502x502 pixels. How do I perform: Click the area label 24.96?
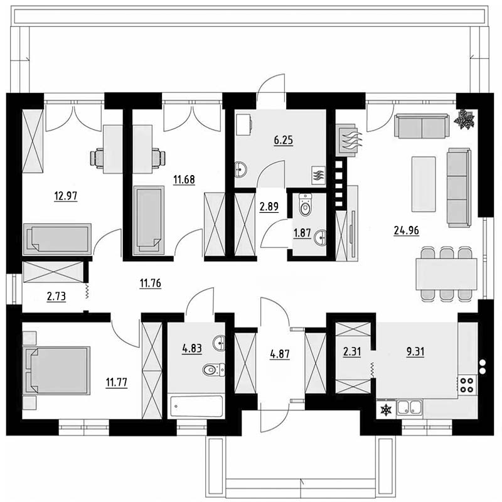pos(406,230)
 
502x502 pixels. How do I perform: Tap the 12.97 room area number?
pos(66,195)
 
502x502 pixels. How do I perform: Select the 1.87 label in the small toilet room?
pos(302,233)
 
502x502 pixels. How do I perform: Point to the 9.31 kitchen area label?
pos(415,351)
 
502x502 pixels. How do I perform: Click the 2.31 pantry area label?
pos(352,352)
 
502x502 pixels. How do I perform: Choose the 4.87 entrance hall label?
pos(280,354)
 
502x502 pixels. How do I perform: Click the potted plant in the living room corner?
pos(464,120)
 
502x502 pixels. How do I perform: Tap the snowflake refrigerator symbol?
pos(386,410)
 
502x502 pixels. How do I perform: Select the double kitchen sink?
pos(410,407)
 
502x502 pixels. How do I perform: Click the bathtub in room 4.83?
pos(196,406)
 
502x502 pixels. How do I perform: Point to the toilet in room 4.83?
pos(213,370)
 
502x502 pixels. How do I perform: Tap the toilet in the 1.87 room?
pos(305,205)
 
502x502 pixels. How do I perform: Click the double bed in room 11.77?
pos(56,371)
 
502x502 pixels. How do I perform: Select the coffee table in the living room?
pos(424,184)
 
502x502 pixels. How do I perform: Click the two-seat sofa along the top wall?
pos(421,126)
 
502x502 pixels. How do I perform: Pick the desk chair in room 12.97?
pos(97,158)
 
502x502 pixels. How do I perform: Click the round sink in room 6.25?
pos(241,169)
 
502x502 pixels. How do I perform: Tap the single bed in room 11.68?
pos(149,220)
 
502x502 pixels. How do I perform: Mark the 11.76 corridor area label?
pos(151,284)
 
